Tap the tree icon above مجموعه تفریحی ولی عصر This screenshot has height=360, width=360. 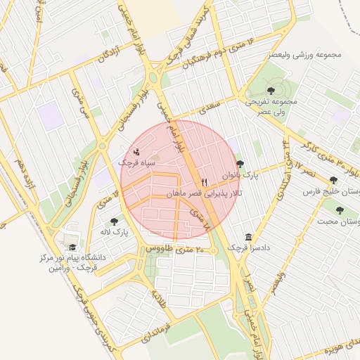pos(271,90)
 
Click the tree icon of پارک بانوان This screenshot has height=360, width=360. pos(240,163)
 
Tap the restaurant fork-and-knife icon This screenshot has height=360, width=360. pos(204,181)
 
